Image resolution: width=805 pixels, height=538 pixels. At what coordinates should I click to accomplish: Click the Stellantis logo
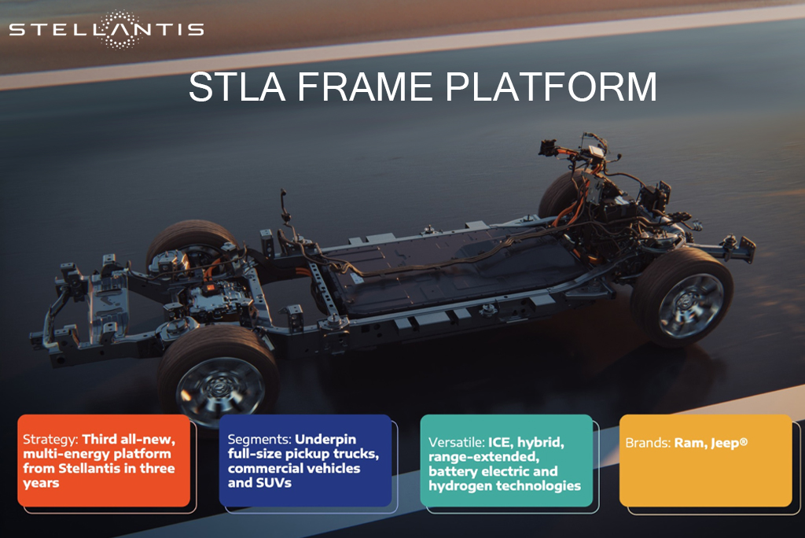[106, 29]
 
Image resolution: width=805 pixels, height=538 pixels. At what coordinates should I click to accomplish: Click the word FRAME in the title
[365, 87]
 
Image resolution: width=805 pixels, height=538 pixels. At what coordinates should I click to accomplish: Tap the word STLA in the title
[237, 87]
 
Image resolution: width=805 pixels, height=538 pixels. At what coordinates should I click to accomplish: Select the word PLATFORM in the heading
[551, 87]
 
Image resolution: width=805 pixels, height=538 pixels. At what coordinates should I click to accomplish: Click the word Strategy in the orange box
[50, 440]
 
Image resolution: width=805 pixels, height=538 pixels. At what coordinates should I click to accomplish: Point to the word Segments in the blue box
[259, 440]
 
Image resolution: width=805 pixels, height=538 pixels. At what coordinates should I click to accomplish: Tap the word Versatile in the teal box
[457, 442]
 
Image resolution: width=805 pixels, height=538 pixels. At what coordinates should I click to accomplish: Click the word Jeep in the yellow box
[729, 443]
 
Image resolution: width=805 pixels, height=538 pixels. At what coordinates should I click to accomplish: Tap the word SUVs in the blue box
[274, 483]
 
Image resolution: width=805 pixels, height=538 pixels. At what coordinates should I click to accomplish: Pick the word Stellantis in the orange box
[90, 469]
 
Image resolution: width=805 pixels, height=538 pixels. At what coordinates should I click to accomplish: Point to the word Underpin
[325, 440]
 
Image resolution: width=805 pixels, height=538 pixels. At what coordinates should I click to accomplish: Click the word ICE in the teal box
[499, 442]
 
